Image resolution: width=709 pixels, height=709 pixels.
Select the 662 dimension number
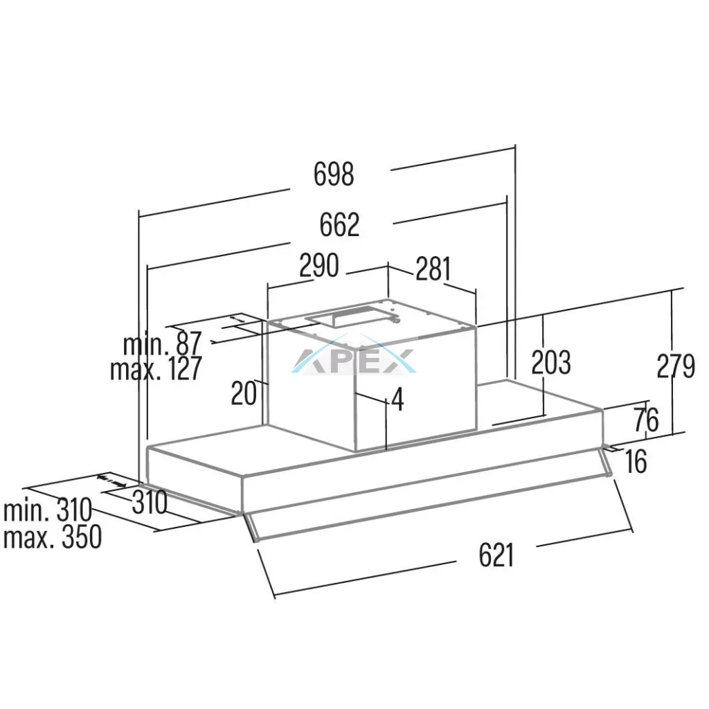click(x=339, y=225)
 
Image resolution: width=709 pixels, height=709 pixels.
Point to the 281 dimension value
click(x=433, y=269)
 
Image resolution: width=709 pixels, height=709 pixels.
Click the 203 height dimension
click(x=550, y=362)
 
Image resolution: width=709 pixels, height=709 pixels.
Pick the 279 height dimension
click(x=676, y=366)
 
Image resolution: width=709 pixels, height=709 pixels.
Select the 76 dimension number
click(x=646, y=420)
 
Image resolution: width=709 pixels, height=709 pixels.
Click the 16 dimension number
click(x=636, y=461)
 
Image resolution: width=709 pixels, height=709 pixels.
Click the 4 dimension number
click(x=397, y=400)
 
